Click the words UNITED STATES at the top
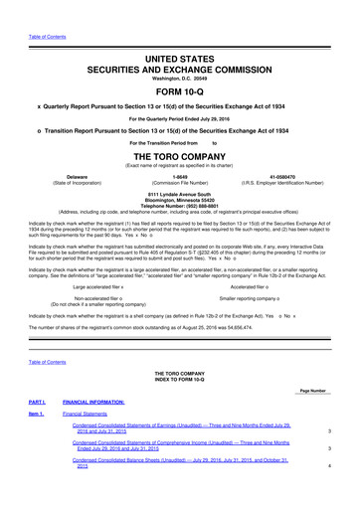tap(179, 33)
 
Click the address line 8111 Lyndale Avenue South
tap(179, 194)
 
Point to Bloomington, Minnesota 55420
tap(179, 200)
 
